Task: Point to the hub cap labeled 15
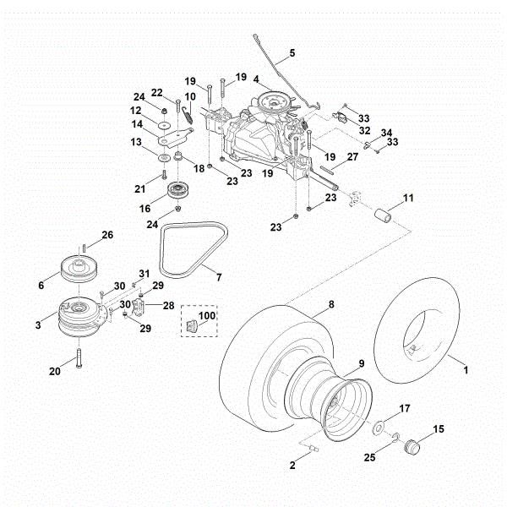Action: [413, 447]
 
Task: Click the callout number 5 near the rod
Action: [292, 52]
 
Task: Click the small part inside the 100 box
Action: [190, 325]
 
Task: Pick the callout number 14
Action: [136, 124]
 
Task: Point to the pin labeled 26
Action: [85, 247]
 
